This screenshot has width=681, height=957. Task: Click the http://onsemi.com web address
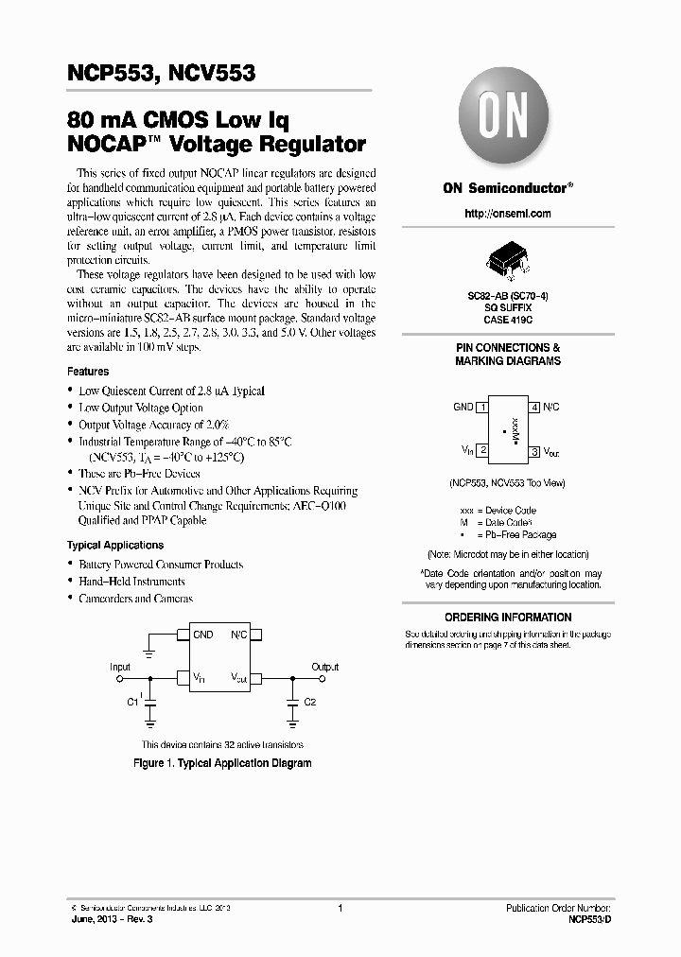tap(508, 214)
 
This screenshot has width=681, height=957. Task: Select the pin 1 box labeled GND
tap(482, 407)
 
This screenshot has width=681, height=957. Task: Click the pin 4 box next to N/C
tap(534, 407)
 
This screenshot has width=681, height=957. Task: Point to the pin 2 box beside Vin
tap(482, 451)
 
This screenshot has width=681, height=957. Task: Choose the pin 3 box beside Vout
tap(534, 452)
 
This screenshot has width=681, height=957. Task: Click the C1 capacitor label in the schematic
tap(132, 702)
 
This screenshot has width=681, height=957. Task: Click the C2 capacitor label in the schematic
tap(310, 702)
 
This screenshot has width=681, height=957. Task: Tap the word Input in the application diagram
tap(120, 667)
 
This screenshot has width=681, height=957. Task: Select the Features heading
tap(88, 372)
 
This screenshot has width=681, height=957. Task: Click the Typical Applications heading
tap(115, 546)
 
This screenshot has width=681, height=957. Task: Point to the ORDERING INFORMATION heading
tap(508, 618)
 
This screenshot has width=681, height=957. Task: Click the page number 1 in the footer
tap(340, 908)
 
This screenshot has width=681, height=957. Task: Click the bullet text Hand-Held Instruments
tap(131, 582)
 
